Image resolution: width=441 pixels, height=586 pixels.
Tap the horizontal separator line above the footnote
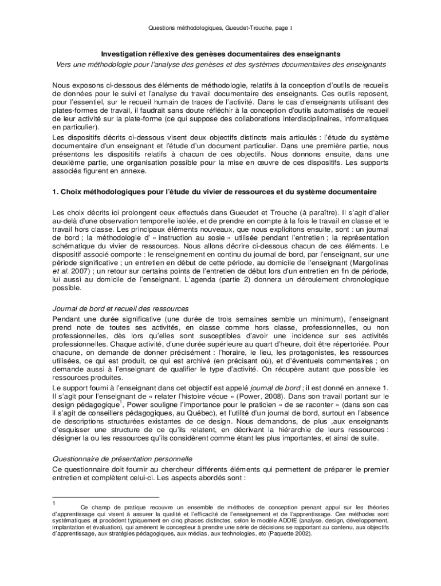105,497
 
